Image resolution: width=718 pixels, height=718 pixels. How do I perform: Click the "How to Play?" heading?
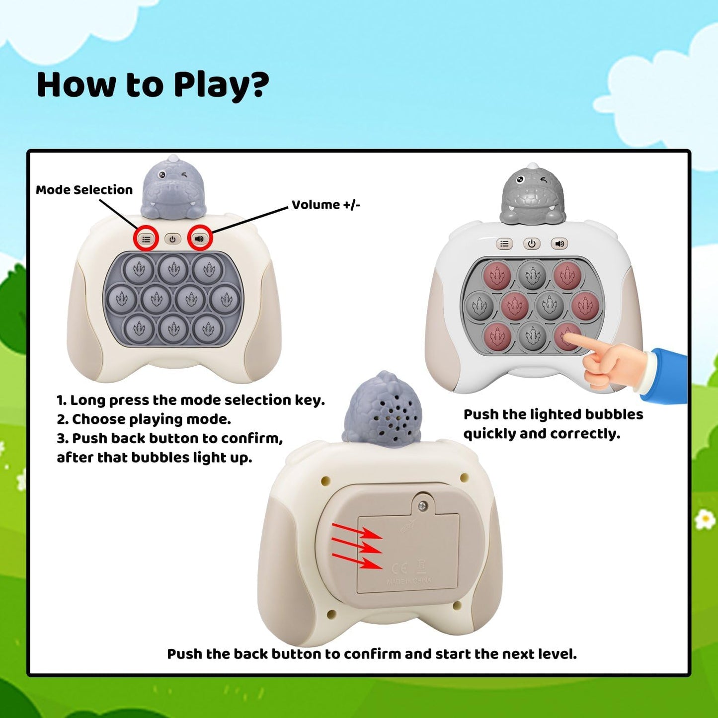coord(153,85)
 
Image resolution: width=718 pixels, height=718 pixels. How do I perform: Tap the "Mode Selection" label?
coord(84,190)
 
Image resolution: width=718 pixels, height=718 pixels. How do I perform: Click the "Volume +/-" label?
coord(325,205)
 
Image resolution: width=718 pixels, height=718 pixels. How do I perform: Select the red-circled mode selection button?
coord(146,239)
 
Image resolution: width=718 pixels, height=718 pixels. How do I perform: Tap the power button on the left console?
coord(172,239)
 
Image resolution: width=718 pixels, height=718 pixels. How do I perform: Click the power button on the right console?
coord(532,243)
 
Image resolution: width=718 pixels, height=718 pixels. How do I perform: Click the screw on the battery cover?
coord(423,506)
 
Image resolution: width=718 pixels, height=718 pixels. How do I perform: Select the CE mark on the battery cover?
coord(399,568)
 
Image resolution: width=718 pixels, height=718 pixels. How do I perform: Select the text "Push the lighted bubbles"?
coord(553,414)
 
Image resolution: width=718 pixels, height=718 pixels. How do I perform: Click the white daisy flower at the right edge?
coord(705,520)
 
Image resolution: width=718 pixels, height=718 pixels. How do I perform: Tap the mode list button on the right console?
coord(504,243)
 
